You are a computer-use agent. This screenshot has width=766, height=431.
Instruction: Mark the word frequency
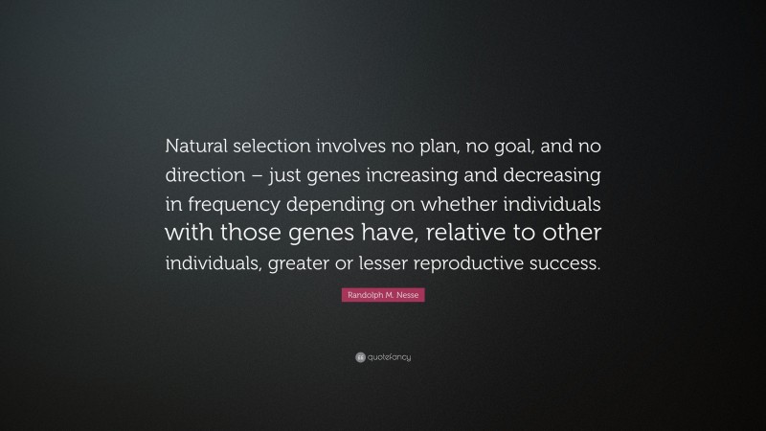click(233, 206)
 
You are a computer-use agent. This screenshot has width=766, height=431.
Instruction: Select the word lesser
click(395, 263)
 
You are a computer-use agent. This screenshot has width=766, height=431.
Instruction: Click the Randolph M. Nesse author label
click(383, 298)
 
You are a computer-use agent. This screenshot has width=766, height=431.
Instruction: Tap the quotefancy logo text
click(389, 357)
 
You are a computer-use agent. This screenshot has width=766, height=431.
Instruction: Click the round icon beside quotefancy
click(359, 357)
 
